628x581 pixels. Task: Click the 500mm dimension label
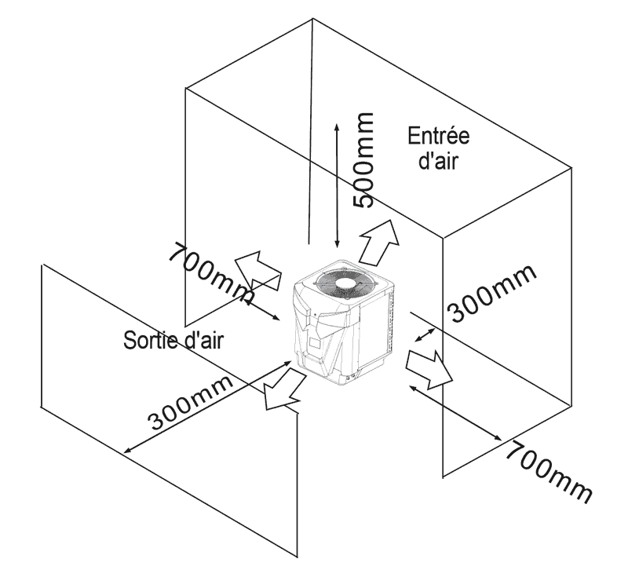[x=363, y=160]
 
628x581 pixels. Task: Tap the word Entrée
[x=439, y=137]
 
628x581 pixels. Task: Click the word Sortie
[x=150, y=341]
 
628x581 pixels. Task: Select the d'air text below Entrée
[x=438, y=161]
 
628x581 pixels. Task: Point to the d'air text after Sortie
[x=203, y=341]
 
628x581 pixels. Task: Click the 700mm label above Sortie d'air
[x=211, y=274]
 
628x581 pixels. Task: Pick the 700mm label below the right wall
[x=549, y=472]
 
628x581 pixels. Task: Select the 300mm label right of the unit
[x=491, y=293]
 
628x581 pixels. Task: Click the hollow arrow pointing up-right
[x=379, y=242]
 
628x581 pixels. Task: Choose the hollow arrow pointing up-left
[x=257, y=269]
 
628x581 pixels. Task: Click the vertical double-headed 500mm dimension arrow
[x=337, y=185]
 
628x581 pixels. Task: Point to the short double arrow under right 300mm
[x=425, y=335]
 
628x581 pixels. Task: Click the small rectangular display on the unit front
[x=315, y=343]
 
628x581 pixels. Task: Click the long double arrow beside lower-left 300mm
[x=207, y=407]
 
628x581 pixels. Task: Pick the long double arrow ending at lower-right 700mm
[x=455, y=413]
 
